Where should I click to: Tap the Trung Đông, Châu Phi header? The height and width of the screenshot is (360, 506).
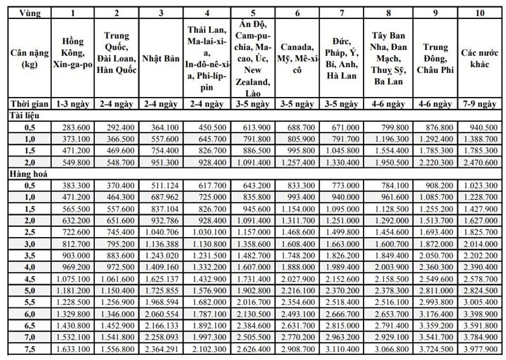tap(435, 58)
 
